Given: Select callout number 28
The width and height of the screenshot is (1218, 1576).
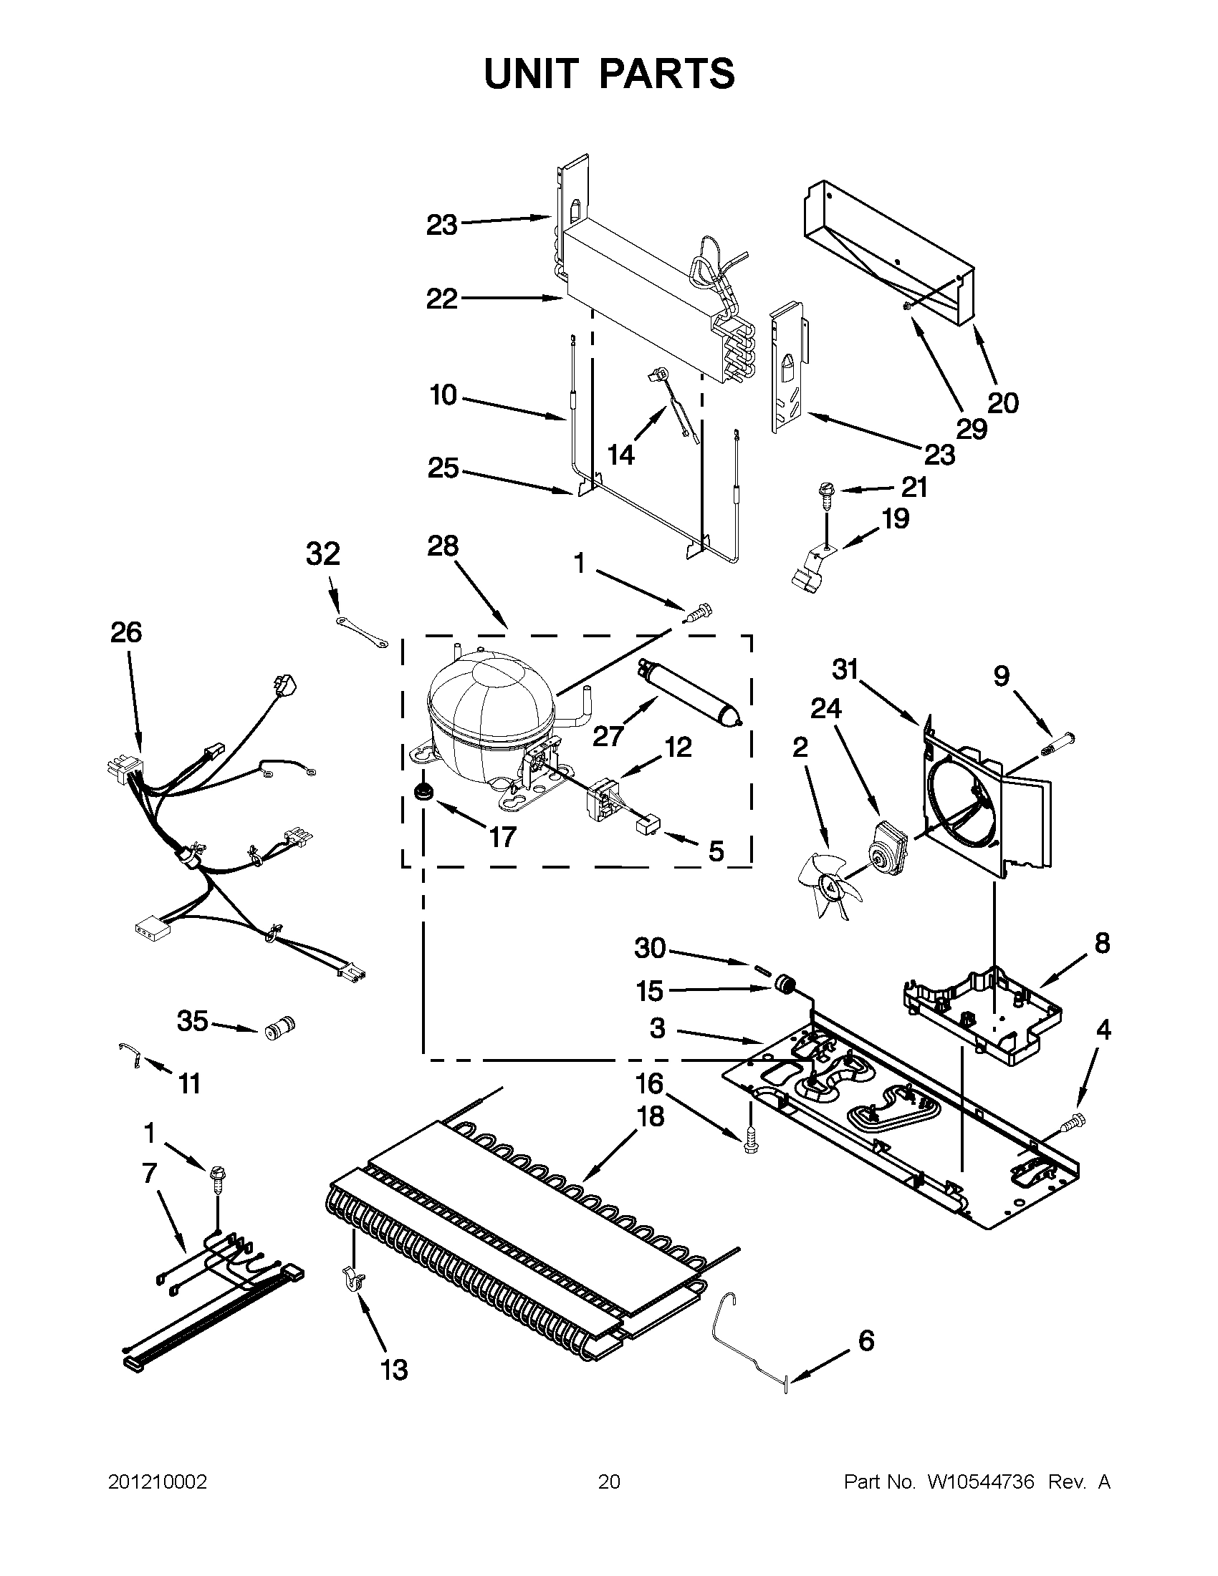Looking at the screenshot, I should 443,546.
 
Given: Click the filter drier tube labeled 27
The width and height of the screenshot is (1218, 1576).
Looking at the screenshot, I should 689,692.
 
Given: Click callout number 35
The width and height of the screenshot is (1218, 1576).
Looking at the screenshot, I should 192,1021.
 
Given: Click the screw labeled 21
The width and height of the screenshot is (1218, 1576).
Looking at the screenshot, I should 825,493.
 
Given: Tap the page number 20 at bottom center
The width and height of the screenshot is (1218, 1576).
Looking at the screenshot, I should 608,1483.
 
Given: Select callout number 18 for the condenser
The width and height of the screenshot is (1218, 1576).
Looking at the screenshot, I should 651,1116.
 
